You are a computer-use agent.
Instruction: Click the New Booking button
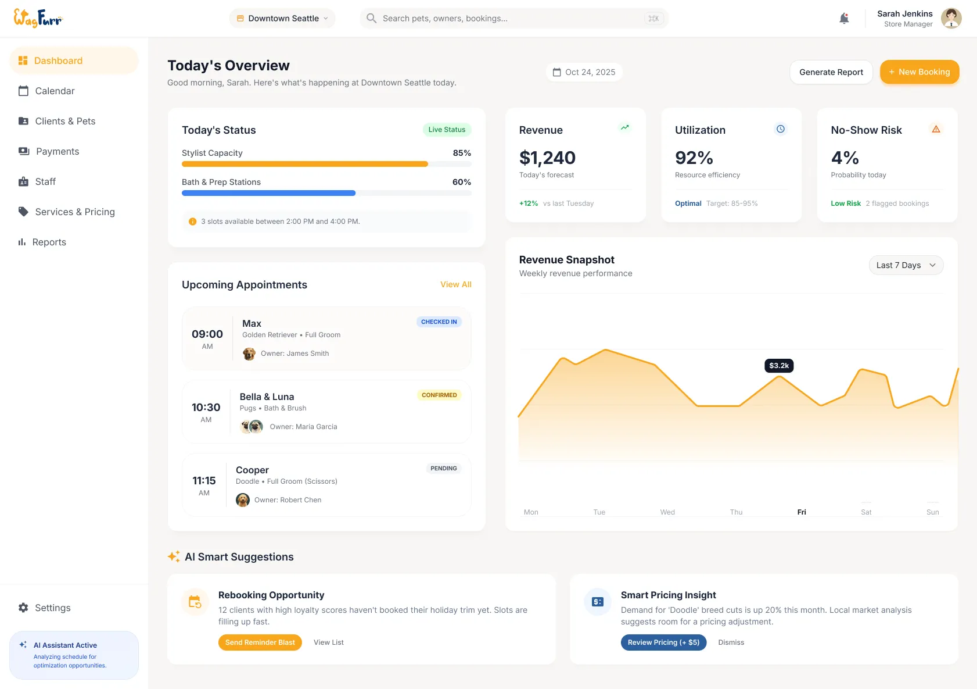[919, 72]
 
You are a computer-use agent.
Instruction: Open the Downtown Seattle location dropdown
[282, 19]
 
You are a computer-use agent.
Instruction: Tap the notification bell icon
[844, 19]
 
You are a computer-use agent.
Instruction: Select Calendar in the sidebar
[55, 91]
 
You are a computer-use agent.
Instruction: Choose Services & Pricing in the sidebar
[74, 212]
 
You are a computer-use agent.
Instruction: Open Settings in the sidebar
[52, 608]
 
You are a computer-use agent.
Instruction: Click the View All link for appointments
[455, 284]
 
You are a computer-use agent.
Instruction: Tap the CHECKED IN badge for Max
[439, 322]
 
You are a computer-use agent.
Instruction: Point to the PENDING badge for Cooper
[443, 468]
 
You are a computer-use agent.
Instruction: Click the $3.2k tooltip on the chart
[779, 366]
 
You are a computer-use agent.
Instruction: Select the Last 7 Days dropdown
[906, 265]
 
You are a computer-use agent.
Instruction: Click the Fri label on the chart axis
[802, 512]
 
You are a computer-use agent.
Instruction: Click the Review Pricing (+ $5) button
[663, 642]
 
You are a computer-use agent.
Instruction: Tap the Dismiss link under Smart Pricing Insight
[731, 642]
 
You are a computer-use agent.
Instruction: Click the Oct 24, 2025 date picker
[584, 72]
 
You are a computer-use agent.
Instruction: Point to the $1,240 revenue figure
[547, 158]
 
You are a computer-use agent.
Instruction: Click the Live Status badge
[446, 130]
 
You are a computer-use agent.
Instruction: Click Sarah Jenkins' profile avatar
[951, 19]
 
